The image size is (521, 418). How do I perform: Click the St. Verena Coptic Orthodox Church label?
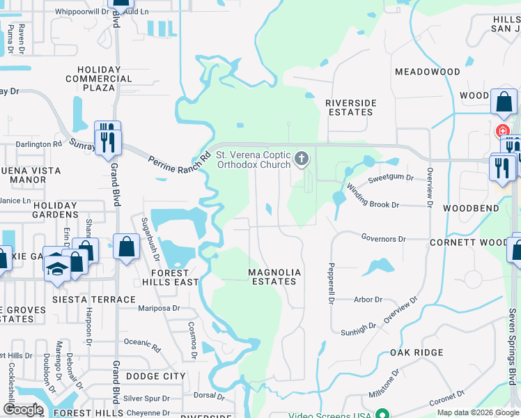pos(252,160)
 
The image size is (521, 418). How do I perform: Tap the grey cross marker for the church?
pos(302,159)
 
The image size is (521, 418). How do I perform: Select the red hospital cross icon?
pos(501,131)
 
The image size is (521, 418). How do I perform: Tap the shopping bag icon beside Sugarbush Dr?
pos(126,247)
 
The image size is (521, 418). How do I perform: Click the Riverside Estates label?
pos(351,107)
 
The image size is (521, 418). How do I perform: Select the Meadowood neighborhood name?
pos(428,72)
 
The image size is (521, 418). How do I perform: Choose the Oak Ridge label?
pos(417,353)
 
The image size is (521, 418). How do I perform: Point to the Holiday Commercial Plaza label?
pos(105,79)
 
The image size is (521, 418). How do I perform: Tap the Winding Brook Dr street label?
pos(373,196)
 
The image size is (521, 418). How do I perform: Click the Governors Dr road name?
pos(383,239)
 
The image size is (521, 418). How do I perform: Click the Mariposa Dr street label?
pos(159,307)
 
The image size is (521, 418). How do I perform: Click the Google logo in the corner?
pos(22,410)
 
